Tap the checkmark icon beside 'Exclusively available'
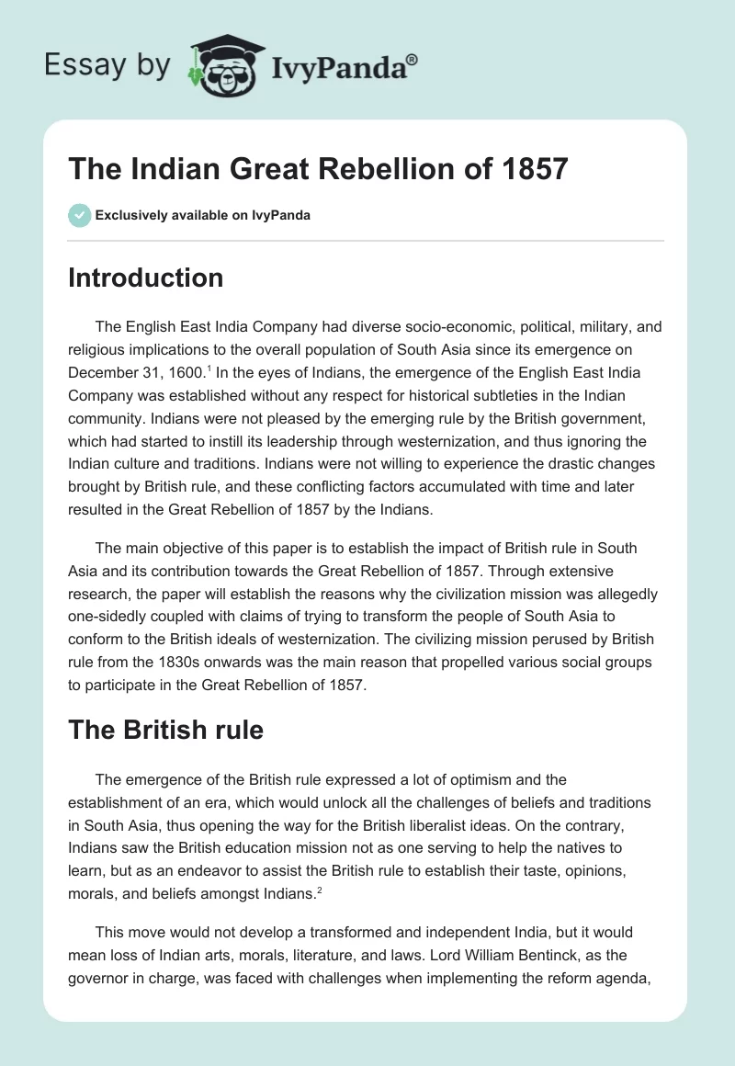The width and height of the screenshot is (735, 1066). point(79,215)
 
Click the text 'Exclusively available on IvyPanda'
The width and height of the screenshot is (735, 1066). point(202,215)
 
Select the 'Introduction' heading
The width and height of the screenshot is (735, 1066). point(145,278)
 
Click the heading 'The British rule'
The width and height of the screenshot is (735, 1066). point(165,730)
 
